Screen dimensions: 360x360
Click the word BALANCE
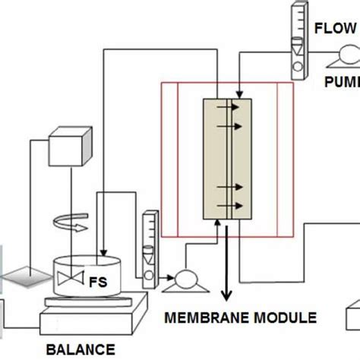[80, 349]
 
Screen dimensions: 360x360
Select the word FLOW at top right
[335, 29]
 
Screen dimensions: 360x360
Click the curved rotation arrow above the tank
[68, 221]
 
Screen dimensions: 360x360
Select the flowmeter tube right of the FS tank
[149, 243]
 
